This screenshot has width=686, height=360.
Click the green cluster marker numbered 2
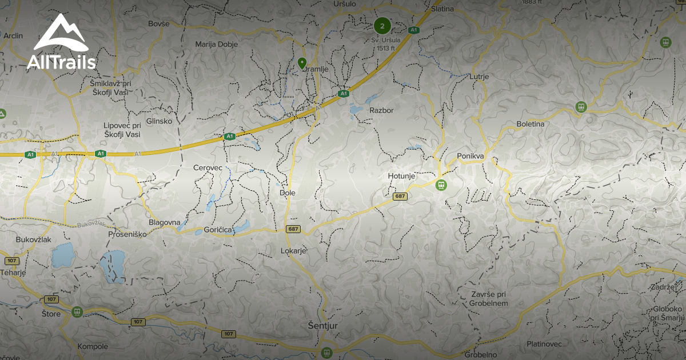(382, 25)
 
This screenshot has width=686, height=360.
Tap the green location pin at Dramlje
(302, 63)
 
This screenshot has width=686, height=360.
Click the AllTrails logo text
(61, 62)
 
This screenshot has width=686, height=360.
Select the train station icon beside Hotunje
(440, 185)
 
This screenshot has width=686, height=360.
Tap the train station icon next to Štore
(77, 312)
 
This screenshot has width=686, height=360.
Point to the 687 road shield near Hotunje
(400, 197)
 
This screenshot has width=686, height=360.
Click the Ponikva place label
(471, 155)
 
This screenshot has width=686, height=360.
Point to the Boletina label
(531, 123)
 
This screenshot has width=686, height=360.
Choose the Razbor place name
(381, 110)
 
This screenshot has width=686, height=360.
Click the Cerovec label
(208, 168)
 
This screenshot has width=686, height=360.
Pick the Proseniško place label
(127, 234)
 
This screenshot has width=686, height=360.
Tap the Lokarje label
(294, 251)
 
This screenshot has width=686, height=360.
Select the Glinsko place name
(159, 121)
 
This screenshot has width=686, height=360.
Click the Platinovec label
(544, 344)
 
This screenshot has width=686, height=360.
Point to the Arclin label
(13, 35)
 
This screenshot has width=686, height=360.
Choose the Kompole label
(92, 346)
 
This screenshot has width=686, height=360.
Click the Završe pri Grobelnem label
(489, 298)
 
